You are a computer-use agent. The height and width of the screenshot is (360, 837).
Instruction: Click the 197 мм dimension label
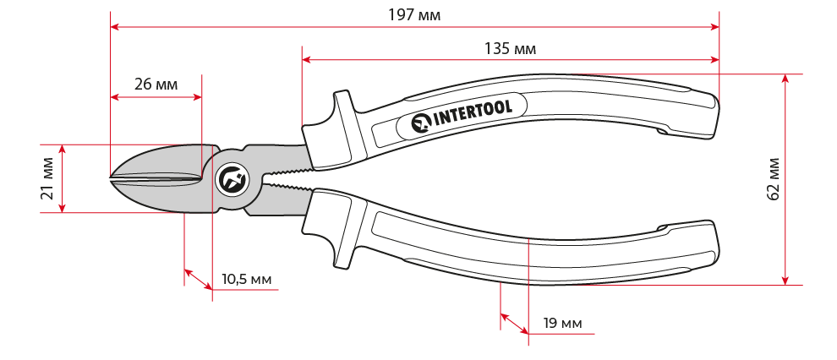(414, 14)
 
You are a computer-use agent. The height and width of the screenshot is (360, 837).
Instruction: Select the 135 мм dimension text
(510, 49)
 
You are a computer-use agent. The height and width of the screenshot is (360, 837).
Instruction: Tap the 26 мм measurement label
(156, 85)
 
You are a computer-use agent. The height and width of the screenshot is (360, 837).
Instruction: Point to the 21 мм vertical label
(47, 178)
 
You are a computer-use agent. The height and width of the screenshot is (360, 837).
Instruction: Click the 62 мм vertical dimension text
(773, 178)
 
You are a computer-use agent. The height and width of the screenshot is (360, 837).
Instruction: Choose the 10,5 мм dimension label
(246, 279)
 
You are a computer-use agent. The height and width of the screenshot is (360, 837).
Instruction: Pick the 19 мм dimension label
(562, 323)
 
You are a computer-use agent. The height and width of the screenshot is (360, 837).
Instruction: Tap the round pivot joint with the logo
(232, 178)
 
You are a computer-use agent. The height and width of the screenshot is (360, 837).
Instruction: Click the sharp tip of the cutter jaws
(110, 177)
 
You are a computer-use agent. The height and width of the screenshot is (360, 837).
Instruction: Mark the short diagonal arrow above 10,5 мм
(199, 279)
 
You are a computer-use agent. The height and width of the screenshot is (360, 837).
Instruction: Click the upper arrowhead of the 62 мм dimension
(785, 79)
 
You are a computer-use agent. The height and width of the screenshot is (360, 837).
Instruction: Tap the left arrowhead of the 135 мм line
(307, 60)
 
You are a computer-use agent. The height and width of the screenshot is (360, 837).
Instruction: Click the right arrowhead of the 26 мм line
(197, 97)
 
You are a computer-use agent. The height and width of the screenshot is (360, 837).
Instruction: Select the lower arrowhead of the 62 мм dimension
(785, 280)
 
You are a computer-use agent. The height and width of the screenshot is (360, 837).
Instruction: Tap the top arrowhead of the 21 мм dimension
(62, 150)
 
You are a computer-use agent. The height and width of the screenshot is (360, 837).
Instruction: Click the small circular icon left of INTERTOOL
(422, 123)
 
